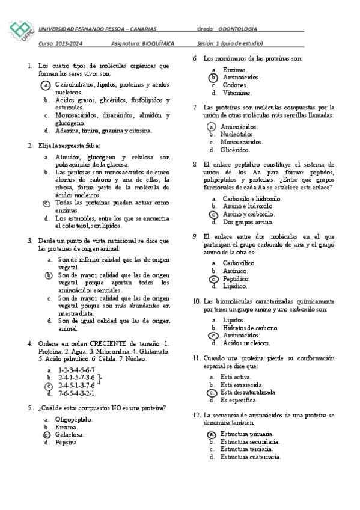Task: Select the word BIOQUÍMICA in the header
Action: [158, 43]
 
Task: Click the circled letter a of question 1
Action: [47, 85]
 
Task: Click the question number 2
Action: [30, 146]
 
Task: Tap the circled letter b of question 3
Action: [49, 275]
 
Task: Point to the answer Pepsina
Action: [66, 442]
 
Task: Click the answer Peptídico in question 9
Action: [236, 279]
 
